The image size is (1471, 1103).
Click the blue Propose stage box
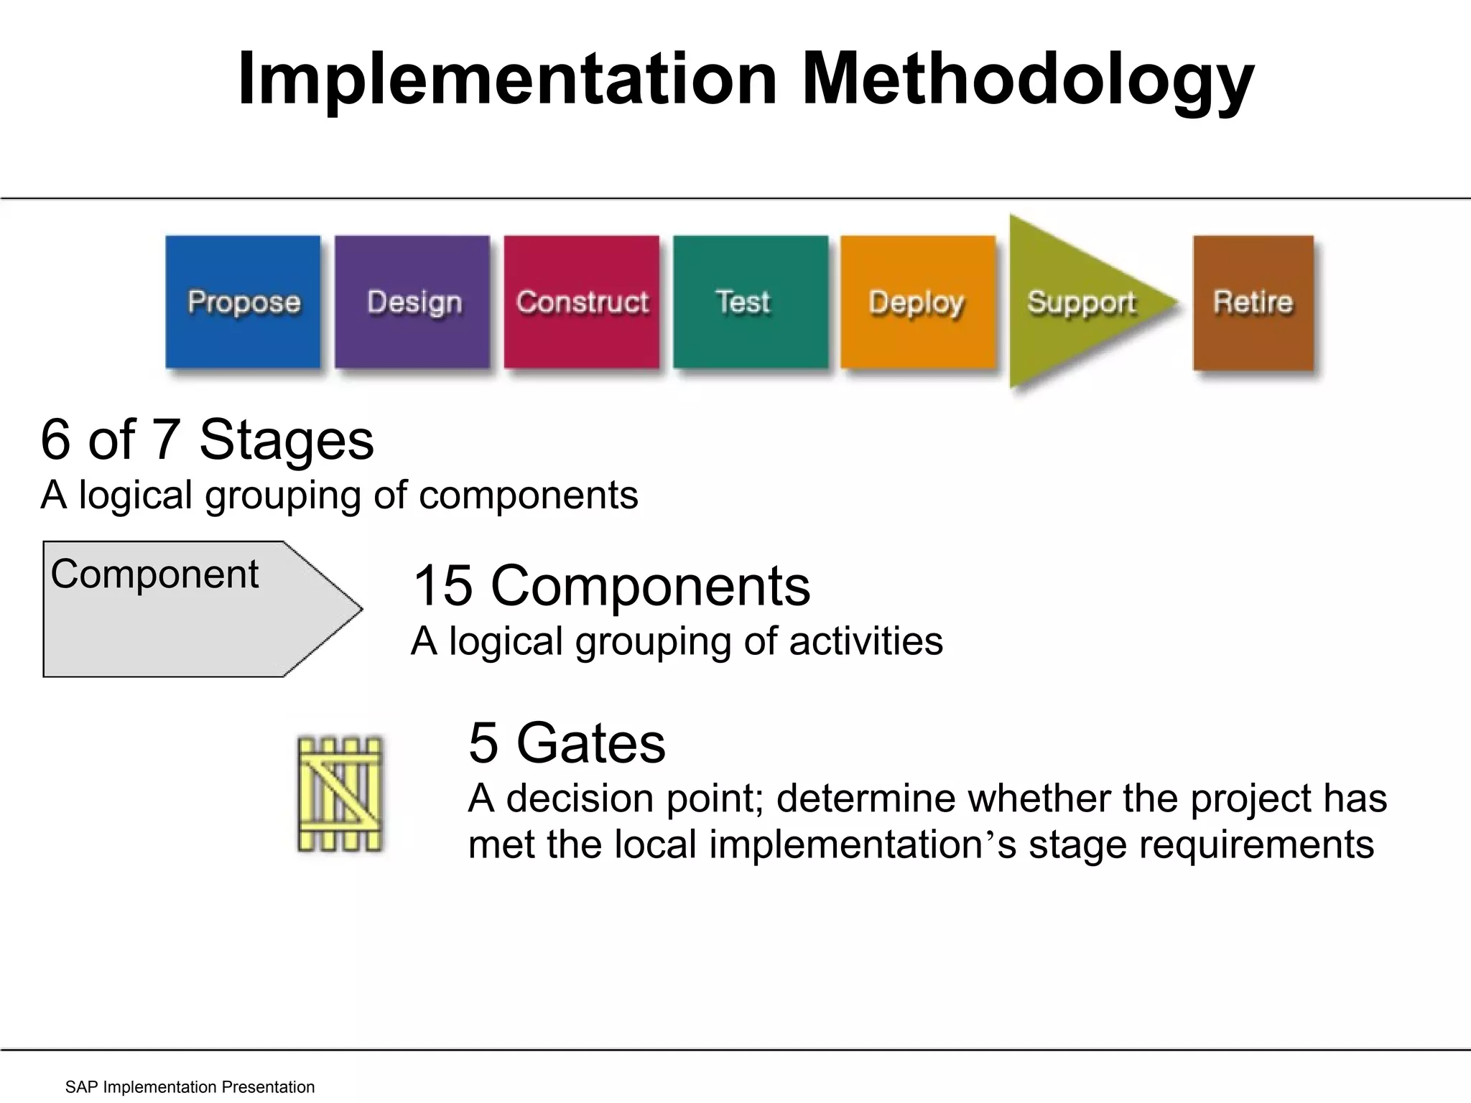tap(243, 302)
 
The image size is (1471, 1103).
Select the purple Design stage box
tap(412, 302)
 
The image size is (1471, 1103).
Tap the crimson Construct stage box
tap(581, 302)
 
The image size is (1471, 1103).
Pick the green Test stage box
tap(750, 302)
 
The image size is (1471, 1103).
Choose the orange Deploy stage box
tap(918, 302)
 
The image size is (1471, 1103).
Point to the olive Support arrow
tap(1077, 302)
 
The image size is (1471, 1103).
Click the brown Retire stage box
tap(1253, 302)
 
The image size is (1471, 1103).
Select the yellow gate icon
tap(340, 794)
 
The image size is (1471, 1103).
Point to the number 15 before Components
tap(442, 586)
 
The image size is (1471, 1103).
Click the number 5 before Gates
tap(483, 743)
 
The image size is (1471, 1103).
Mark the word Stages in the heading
tap(286, 439)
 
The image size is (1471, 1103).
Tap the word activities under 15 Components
tap(866, 641)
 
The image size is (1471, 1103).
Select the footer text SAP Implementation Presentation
tap(190, 1086)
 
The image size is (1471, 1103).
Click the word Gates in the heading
tap(590, 743)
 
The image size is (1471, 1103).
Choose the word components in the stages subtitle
tap(528, 495)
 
